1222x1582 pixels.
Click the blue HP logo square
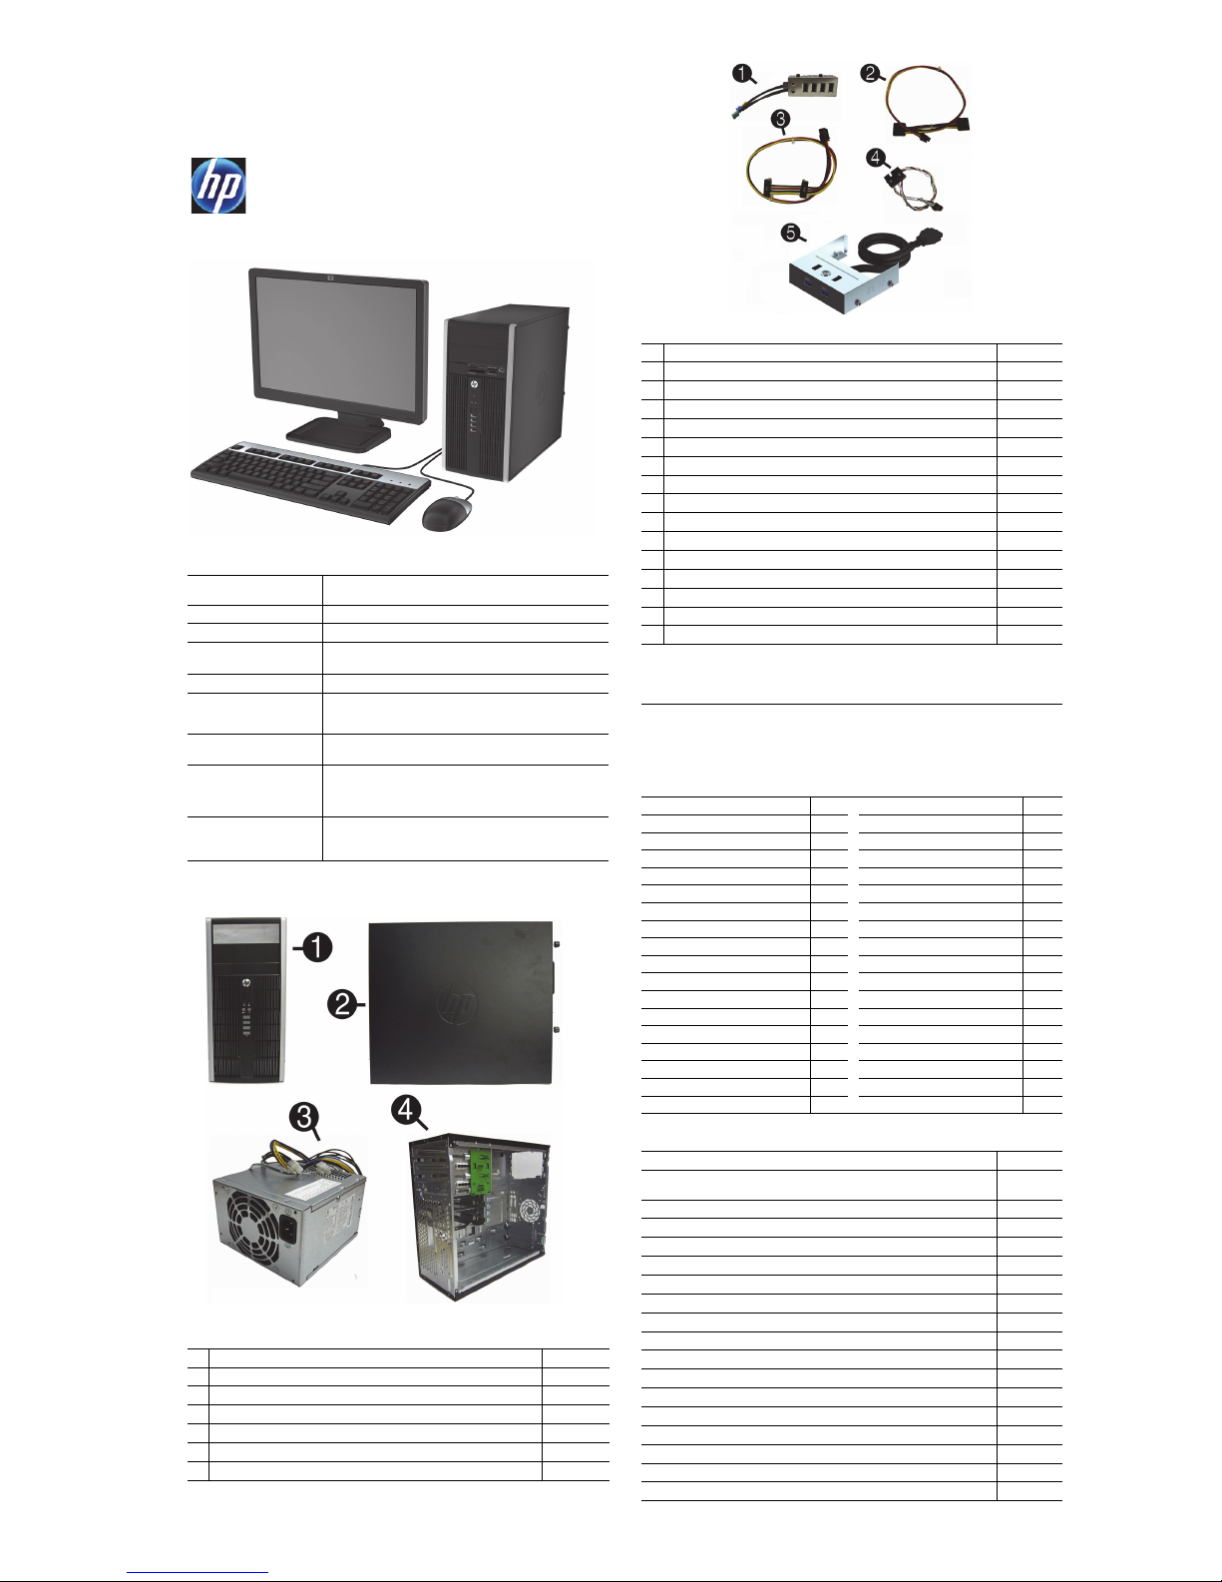point(218,186)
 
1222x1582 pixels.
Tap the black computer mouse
point(445,514)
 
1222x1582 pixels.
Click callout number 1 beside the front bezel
point(316,946)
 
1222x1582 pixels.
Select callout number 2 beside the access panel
point(342,1004)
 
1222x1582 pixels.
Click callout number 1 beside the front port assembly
point(741,72)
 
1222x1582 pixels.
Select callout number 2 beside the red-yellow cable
point(871,73)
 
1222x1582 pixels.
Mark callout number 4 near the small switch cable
point(875,157)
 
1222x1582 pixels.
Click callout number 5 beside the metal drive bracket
point(790,233)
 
